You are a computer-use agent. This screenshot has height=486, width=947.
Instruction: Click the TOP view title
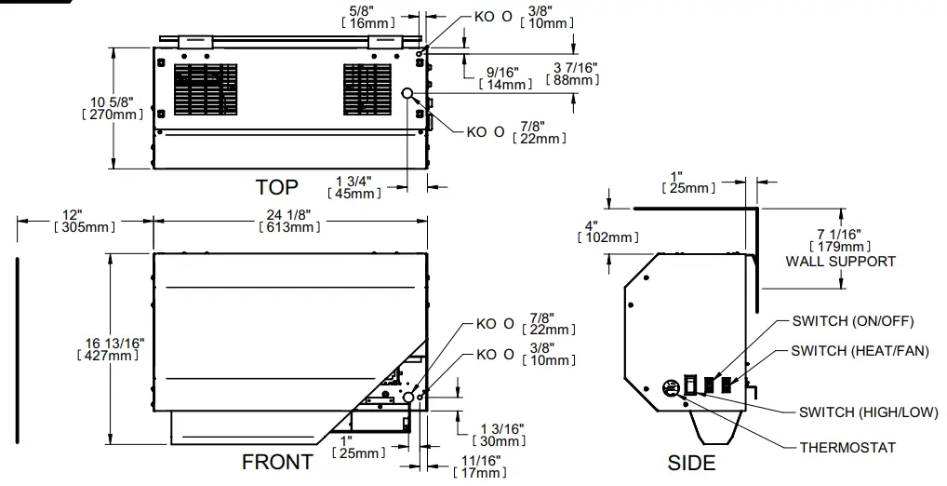[x=277, y=187]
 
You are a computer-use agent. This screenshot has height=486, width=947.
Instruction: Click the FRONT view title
[x=277, y=462]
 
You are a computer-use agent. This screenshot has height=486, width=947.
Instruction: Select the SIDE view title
[x=691, y=463]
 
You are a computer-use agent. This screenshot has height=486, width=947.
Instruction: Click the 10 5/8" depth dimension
[x=113, y=108]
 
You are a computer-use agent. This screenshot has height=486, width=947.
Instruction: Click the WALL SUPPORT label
[x=841, y=262]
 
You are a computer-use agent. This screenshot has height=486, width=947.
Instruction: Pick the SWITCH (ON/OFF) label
[x=853, y=321]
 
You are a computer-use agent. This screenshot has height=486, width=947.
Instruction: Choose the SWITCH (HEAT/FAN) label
[x=859, y=351]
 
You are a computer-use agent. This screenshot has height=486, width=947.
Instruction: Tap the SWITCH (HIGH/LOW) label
[x=868, y=412]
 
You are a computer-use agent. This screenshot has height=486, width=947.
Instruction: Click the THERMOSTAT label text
[x=847, y=448]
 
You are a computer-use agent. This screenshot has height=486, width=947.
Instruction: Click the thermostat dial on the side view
[x=669, y=389]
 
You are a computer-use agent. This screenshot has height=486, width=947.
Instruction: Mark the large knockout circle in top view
[x=407, y=93]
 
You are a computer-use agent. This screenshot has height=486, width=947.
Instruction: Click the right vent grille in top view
[x=366, y=90]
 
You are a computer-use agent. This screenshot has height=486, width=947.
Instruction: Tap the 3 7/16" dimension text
[x=574, y=74]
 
